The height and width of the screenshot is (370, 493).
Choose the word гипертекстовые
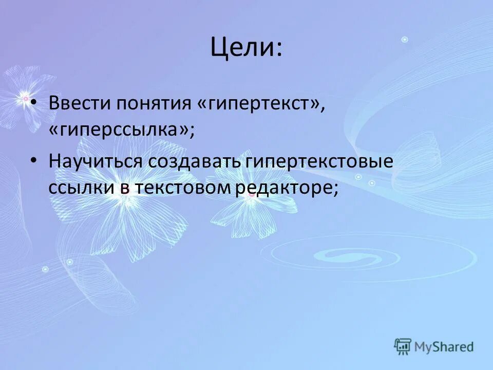coord(319,161)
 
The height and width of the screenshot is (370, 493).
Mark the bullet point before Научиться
coord(34,161)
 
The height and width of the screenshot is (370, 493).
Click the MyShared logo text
coord(444,347)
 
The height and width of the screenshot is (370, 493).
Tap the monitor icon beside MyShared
coord(403,346)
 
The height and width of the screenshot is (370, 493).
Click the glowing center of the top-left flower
coord(24,97)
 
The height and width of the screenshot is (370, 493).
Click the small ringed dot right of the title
coord(405,39)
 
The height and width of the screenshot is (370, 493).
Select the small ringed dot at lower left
coord(45,269)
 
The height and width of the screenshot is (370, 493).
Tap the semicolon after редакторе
coord(336,188)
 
